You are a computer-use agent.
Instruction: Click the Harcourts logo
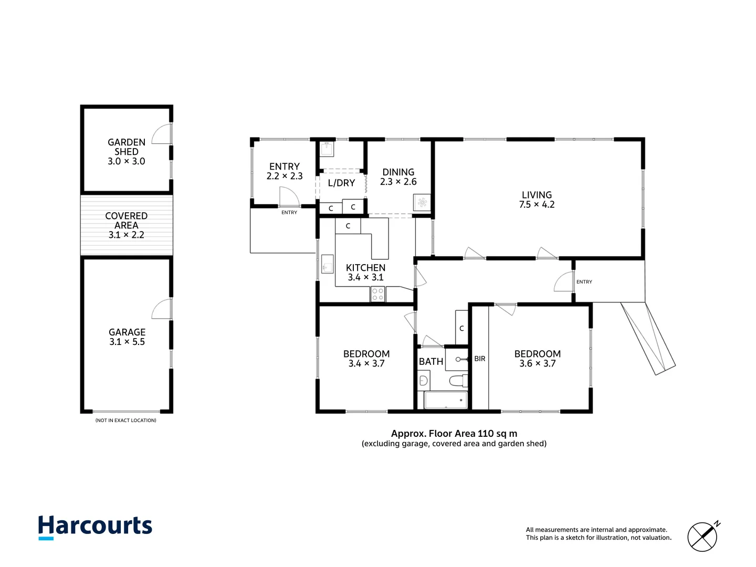(95, 527)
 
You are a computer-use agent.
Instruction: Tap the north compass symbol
(703, 536)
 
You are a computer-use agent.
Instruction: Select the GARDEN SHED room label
(127, 147)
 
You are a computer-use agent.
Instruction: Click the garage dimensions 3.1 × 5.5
(127, 342)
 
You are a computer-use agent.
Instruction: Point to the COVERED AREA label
(127, 220)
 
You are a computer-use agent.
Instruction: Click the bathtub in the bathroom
(446, 400)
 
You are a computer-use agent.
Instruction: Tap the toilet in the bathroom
(458, 380)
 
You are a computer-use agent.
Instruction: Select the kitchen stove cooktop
(378, 295)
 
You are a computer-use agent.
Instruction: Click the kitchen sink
(327, 264)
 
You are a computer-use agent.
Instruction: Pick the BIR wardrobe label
(480, 359)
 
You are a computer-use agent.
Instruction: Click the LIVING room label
(537, 195)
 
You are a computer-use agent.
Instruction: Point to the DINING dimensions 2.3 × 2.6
(398, 182)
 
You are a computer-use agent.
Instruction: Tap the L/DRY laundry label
(341, 183)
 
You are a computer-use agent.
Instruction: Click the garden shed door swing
(162, 134)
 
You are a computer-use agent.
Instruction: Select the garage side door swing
(162, 309)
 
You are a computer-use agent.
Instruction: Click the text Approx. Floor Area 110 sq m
(454, 434)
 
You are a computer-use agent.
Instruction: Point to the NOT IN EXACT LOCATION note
(126, 421)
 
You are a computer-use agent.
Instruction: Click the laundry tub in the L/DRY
(327, 149)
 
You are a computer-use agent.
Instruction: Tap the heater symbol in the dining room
(422, 203)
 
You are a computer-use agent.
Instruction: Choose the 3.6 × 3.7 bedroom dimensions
(538, 363)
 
